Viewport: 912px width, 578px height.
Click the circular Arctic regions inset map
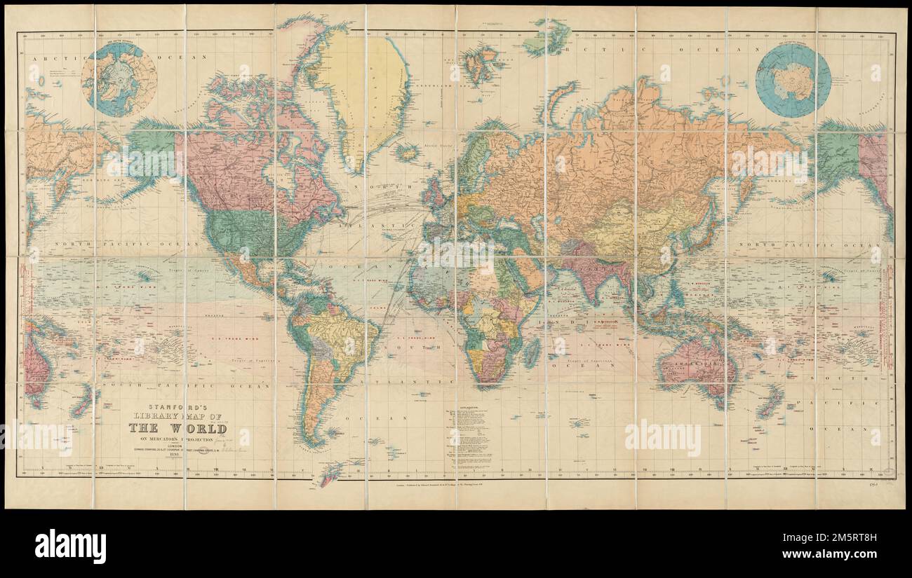(119, 79)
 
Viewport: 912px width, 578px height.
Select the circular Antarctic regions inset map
(793, 79)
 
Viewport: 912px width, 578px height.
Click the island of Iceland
(407, 151)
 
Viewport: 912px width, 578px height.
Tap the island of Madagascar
(532, 350)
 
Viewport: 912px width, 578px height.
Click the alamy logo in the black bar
(70, 545)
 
